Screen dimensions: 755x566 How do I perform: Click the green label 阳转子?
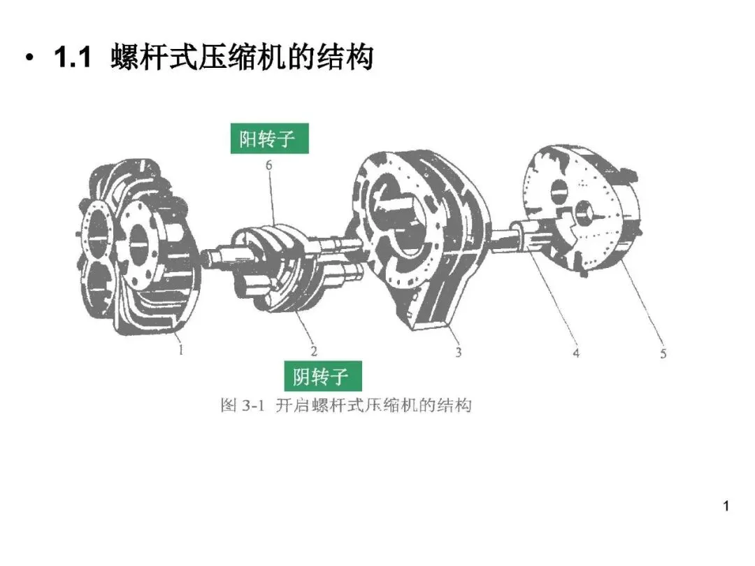(x=268, y=139)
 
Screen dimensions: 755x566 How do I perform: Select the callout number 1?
(x=181, y=350)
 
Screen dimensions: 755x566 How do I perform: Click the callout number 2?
(x=314, y=351)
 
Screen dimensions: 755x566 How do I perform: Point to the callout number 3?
(x=459, y=352)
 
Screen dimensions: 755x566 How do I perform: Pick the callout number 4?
(x=576, y=353)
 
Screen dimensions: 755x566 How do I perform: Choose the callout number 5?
(x=663, y=353)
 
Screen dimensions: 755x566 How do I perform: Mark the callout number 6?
(x=268, y=165)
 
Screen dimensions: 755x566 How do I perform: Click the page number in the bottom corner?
(x=726, y=506)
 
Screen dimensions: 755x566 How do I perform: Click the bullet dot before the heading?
(x=29, y=59)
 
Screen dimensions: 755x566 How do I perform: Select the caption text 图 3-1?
(x=241, y=405)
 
